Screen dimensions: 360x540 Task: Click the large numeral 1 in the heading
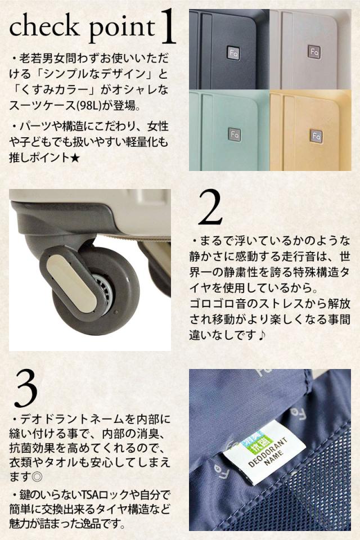(x=168, y=27)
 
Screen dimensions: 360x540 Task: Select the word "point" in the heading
(x=121, y=30)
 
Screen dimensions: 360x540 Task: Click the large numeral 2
(x=210, y=208)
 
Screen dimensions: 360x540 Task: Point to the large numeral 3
(x=25, y=389)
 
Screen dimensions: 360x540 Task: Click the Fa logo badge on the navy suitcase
(x=233, y=53)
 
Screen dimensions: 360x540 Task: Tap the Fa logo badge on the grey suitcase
(x=314, y=52)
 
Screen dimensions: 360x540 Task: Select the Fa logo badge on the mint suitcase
(x=234, y=134)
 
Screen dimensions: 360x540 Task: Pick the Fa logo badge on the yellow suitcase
(x=316, y=136)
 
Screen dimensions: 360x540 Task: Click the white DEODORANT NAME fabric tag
(x=264, y=452)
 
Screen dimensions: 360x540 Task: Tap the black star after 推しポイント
(x=75, y=158)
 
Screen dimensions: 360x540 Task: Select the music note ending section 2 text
(x=262, y=335)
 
